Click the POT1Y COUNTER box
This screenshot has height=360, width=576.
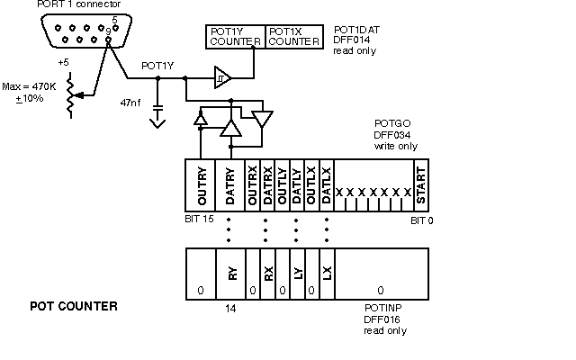(235, 37)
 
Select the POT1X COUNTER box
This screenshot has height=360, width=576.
(294, 37)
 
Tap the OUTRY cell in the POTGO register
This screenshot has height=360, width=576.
(200, 185)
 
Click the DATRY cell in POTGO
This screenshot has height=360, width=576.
(230, 185)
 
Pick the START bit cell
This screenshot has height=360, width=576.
(421, 185)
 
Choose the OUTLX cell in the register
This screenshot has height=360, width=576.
(312, 185)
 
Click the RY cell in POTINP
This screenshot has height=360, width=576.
(230, 274)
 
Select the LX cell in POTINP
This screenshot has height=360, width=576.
(328, 274)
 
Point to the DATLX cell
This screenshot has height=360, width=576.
(327, 185)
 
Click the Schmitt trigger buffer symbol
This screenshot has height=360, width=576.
(222, 77)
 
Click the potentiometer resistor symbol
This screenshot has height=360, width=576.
(70, 95)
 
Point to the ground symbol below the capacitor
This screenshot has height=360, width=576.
(157, 123)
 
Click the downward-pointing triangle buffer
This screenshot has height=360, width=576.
(262, 119)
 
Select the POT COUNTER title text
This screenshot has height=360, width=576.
(74, 306)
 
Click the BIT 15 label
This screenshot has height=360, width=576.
(199, 219)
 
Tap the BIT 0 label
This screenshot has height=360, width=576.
(422, 220)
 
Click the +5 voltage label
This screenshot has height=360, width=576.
(63, 62)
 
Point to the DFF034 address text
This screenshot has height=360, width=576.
(392, 135)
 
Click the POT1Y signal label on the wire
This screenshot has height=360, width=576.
(157, 66)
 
